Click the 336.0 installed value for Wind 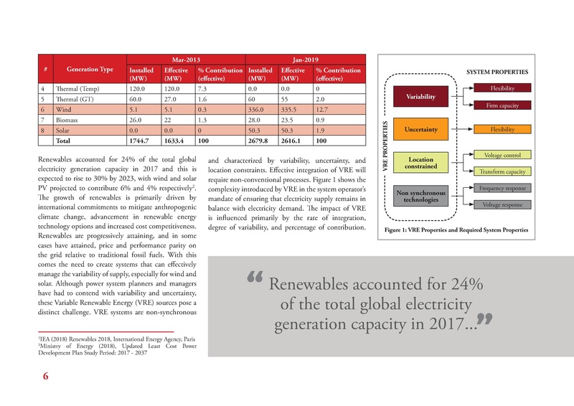tap(258, 110)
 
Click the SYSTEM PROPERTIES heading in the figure tap(497, 72)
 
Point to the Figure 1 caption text tap(456, 230)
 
